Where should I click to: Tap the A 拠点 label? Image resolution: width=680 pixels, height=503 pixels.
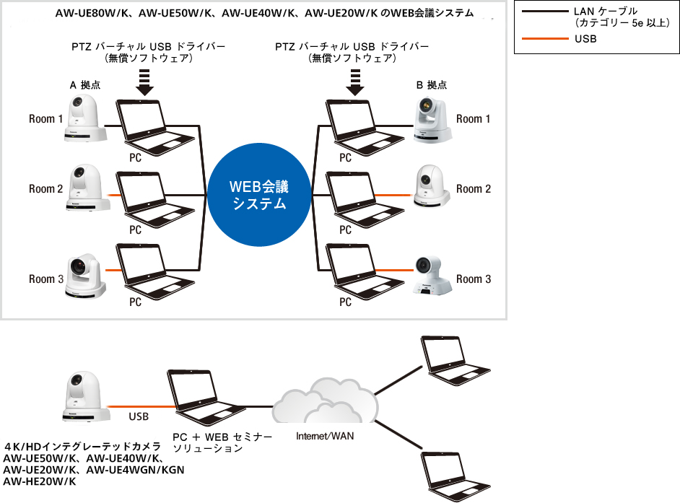point(84,84)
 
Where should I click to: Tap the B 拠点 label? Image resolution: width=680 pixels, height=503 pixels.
point(432,84)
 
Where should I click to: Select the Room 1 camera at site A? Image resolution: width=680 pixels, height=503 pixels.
point(87,115)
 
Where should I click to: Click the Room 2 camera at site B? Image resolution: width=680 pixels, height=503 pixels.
point(432,186)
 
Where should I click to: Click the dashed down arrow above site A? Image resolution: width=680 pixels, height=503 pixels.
point(145,82)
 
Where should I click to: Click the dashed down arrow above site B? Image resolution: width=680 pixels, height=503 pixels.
point(354,82)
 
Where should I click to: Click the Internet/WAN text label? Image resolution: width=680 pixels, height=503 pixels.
point(325,436)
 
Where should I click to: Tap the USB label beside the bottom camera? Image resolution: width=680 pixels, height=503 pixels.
point(139,416)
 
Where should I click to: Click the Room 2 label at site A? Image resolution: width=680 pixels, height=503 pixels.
point(46,189)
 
